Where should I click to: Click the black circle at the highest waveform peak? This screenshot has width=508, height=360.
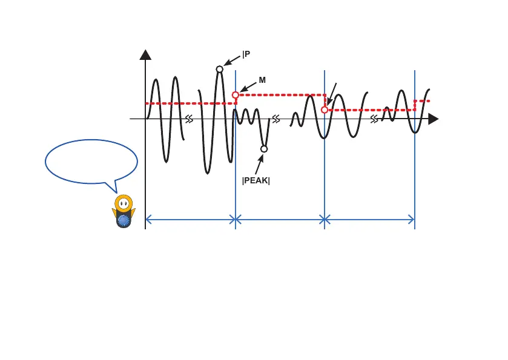220,69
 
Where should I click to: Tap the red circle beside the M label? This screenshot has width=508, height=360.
236,95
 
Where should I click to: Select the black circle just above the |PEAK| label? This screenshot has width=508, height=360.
264,148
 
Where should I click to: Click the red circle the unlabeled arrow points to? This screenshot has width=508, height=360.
325,110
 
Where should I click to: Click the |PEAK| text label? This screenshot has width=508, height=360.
256,180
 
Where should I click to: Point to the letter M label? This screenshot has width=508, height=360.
263,80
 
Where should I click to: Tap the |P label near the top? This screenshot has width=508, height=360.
246,54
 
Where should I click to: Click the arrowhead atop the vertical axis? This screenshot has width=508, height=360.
145,54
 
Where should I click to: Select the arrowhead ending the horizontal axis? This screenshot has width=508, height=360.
433,119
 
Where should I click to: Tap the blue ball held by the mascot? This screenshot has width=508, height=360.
124,221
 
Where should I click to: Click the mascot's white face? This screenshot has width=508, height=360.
124,203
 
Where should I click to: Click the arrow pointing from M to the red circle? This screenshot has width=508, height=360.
248,87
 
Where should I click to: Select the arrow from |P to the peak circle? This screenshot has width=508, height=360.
233,60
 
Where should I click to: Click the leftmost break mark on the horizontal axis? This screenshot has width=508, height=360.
190,119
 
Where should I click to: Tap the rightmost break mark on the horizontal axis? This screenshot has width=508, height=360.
375,119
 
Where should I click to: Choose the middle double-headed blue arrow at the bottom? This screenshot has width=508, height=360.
280,220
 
